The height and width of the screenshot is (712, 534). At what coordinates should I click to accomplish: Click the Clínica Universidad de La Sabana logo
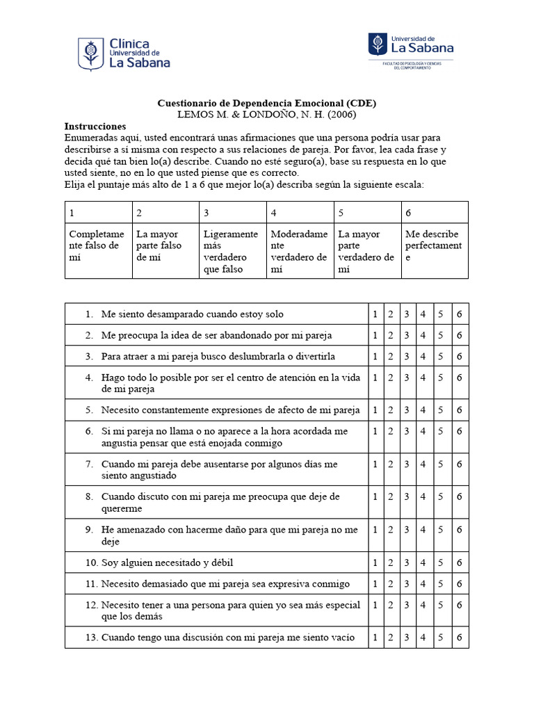[124, 53]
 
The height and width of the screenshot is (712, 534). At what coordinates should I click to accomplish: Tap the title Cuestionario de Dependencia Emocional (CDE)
[267, 103]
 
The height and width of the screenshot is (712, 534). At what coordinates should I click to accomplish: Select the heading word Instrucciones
[95, 127]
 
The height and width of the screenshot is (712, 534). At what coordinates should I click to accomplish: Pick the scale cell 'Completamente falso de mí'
[97, 245]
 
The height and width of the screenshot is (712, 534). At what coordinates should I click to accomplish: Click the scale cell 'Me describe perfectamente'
[434, 245]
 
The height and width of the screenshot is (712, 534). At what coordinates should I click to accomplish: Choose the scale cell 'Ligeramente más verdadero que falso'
[232, 251]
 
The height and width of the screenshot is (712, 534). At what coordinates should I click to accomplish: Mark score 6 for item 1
[460, 314]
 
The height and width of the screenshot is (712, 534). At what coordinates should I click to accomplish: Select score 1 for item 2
[375, 335]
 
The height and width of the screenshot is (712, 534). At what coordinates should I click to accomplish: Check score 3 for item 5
[407, 410]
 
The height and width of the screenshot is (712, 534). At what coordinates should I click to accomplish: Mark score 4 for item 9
[423, 530]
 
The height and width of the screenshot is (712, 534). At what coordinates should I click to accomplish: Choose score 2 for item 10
[391, 563]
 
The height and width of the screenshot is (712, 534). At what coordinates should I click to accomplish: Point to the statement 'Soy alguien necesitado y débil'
[172, 563]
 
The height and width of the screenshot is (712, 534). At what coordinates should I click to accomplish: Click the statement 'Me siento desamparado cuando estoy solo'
[192, 314]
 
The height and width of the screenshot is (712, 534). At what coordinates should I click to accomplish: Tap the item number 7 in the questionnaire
[89, 464]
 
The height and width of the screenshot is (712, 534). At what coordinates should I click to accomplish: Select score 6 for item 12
[460, 605]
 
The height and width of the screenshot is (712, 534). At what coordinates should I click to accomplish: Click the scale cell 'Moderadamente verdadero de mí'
[299, 251]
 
